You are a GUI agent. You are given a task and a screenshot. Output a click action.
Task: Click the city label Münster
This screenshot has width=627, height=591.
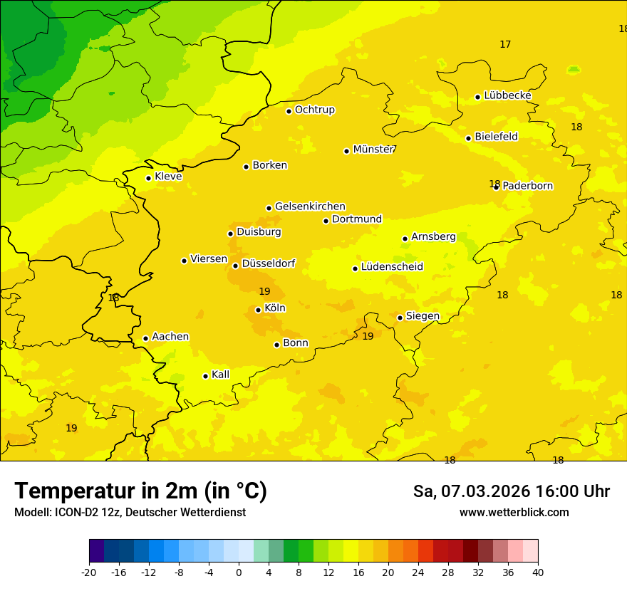tap(373, 150)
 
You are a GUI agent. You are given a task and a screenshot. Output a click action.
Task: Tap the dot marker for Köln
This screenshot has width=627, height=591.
tap(258, 310)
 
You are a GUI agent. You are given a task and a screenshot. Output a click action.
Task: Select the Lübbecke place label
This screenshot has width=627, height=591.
tap(507, 95)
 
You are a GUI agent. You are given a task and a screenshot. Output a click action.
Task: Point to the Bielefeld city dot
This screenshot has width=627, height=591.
tap(468, 138)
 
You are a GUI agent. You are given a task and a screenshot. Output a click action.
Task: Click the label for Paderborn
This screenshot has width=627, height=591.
tap(527, 186)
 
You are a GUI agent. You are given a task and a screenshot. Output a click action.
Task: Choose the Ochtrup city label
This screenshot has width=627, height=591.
tap(314, 110)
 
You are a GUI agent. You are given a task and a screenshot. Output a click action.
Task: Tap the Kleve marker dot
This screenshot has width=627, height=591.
tap(148, 178)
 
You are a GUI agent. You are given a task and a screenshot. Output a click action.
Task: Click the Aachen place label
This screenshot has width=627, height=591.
tap(170, 336)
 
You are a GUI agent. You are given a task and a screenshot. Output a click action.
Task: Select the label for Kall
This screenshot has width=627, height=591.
tap(220, 375)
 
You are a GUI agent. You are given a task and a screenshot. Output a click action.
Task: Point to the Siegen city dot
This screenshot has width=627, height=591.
tap(400, 318)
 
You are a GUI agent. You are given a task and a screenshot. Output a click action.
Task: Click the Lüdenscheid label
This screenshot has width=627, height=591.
tap(392, 267)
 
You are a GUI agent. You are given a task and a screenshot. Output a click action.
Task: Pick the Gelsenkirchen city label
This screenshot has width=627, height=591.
tap(310, 206)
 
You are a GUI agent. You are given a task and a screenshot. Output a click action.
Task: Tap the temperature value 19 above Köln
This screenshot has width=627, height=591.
tap(264, 291)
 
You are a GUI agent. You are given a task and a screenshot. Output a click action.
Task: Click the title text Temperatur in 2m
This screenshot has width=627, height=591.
tap(140, 491)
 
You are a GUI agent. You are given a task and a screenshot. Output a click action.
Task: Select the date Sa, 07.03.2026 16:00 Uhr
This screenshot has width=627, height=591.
tap(511, 491)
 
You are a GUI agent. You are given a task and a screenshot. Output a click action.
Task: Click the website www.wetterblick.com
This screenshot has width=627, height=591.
tap(514, 513)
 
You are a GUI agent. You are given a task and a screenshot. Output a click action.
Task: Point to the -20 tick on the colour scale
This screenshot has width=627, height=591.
tap(89, 572)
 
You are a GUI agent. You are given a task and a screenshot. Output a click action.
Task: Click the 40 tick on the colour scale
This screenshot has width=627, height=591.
tap(537, 572)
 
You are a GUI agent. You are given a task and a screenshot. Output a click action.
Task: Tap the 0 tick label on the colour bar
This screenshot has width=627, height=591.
tap(239, 572)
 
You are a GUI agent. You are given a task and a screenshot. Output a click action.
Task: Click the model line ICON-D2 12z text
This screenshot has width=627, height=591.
tap(130, 513)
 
